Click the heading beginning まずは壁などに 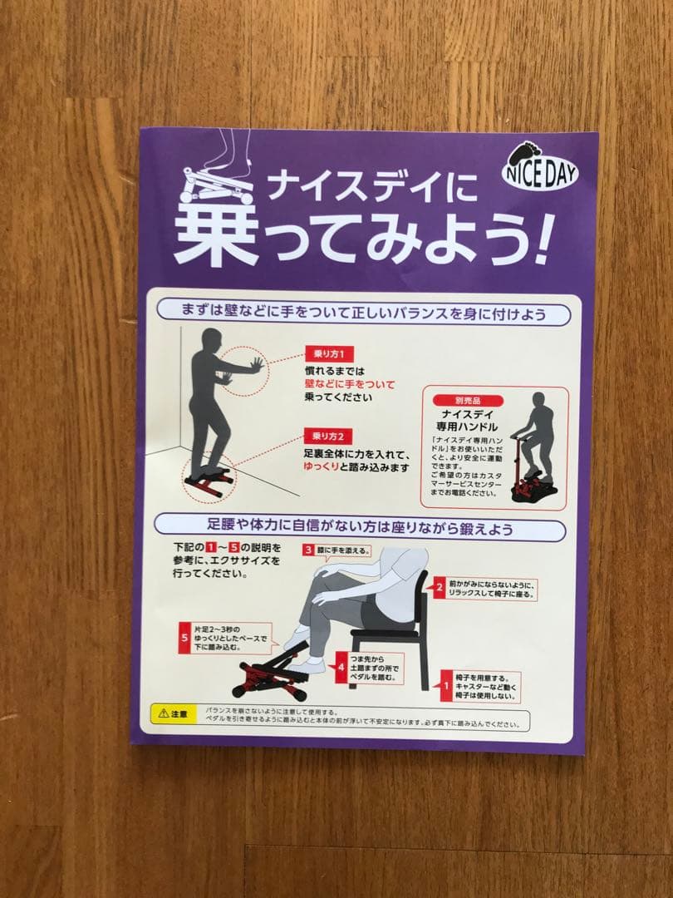click(363, 313)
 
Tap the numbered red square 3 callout click(307, 550)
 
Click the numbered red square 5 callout click(184, 639)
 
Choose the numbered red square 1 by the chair click(446, 687)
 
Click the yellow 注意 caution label click(172, 713)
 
